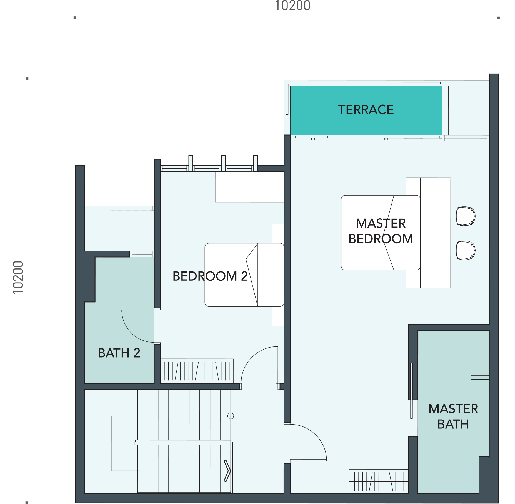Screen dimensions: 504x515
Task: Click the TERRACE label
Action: (366, 110)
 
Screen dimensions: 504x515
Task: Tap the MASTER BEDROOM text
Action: (381, 231)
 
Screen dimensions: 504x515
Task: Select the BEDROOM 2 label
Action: (210, 276)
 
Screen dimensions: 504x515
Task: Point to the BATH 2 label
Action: (119, 353)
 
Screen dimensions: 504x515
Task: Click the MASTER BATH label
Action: (453, 416)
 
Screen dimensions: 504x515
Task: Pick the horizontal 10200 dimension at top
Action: (292, 6)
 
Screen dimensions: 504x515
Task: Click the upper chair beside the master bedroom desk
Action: (465, 216)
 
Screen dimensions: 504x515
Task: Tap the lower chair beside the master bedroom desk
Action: (465, 250)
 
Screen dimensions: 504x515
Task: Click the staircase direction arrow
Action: (227, 471)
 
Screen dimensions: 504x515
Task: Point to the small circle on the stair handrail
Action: (231, 416)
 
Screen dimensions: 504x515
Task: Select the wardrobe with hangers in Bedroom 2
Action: (197, 370)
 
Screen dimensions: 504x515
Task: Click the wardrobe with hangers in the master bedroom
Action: (378, 481)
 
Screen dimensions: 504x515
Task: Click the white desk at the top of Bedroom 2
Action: (249, 187)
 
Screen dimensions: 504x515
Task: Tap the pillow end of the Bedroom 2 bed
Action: (271, 275)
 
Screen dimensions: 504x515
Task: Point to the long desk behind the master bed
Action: (435, 233)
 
